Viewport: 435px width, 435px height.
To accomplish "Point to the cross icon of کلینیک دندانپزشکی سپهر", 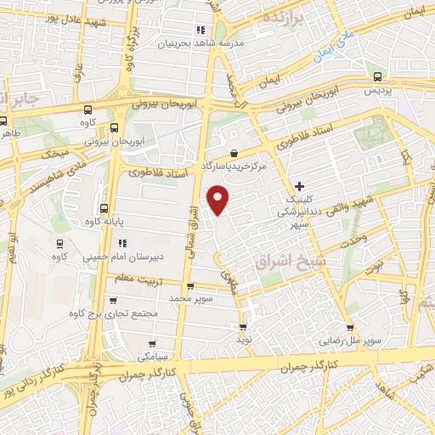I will (x=299, y=186).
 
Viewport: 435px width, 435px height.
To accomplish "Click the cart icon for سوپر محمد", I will (x=189, y=286).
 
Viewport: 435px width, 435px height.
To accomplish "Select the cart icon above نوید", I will (x=245, y=326).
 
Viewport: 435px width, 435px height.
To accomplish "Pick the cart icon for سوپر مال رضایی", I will (x=349, y=327).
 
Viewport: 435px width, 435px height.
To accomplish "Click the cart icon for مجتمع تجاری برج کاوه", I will (x=113, y=300).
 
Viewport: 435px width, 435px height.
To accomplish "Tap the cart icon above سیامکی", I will (x=152, y=344).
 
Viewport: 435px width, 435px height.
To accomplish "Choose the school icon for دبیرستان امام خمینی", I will (x=122, y=244).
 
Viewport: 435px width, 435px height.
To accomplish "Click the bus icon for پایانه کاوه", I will (x=105, y=208).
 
